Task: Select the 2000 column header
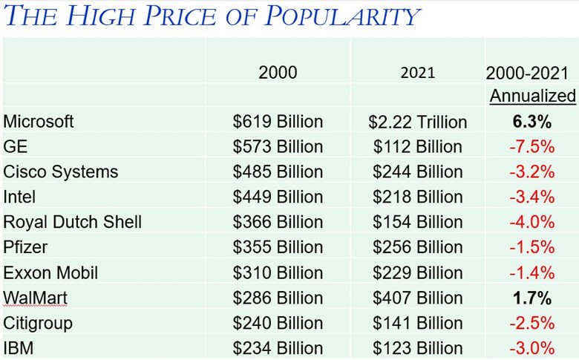pyautogui.click(x=278, y=72)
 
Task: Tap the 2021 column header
pyautogui.click(x=418, y=73)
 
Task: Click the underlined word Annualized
pyautogui.click(x=532, y=96)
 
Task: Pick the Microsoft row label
pyautogui.click(x=39, y=121)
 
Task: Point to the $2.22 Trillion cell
pyautogui.click(x=418, y=122)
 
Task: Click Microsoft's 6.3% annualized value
pyautogui.click(x=531, y=122)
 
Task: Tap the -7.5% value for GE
pyautogui.click(x=531, y=147)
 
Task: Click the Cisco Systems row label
pyautogui.click(x=61, y=171)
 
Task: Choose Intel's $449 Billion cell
pyautogui.click(x=278, y=197)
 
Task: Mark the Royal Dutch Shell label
pyautogui.click(x=73, y=222)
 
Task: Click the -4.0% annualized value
pyautogui.click(x=531, y=223)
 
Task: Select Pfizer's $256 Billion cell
pyautogui.click(x=418, y=248)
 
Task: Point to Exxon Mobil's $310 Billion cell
pyautogui.click(x=278, y=273)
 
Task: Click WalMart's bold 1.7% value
pyautogui.click(x=531, y=298)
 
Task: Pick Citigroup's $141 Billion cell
pyautogui.click(x=418, y=324)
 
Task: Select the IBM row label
pyautogui.click(x=19, y=348)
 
